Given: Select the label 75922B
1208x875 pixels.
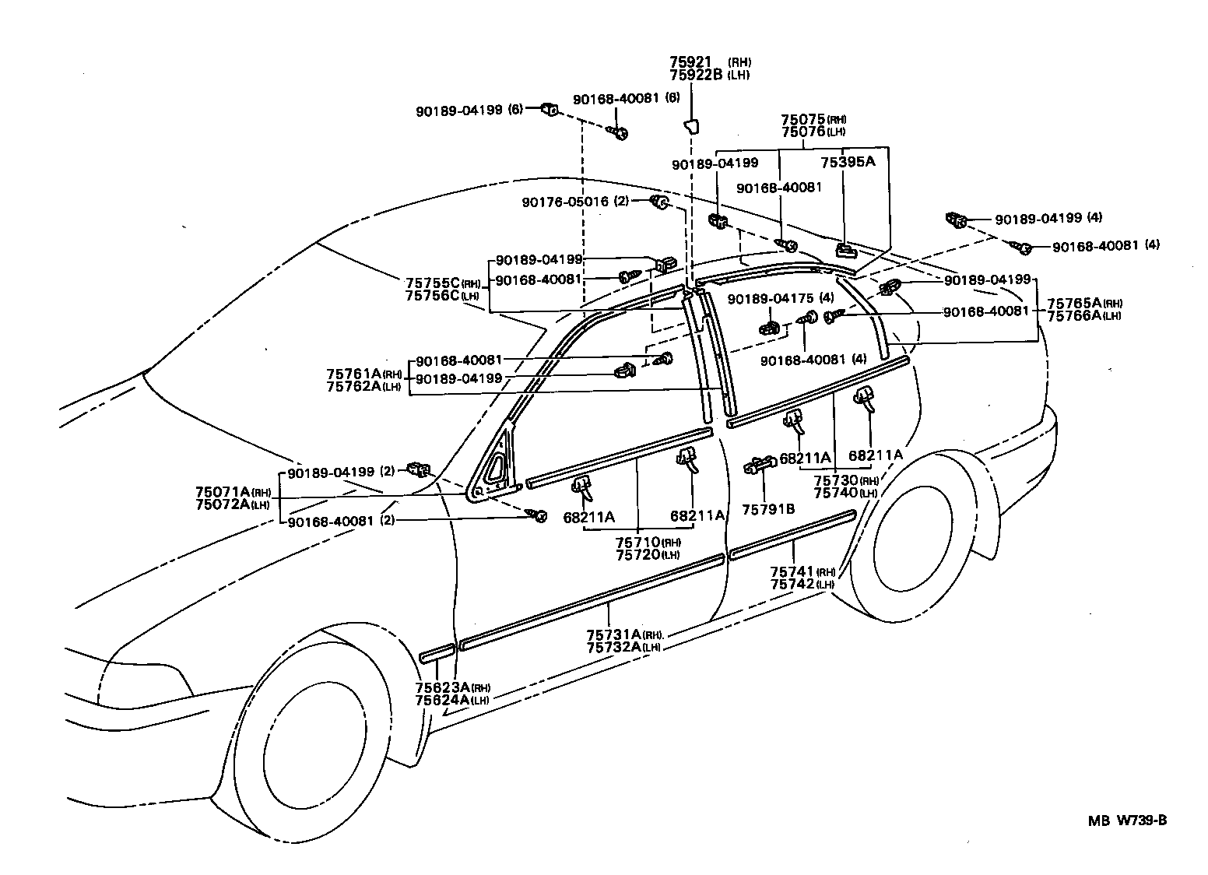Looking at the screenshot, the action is point(696,75).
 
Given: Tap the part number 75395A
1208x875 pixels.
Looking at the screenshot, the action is point(848,161).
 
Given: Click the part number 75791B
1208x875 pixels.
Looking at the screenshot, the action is point(768,509).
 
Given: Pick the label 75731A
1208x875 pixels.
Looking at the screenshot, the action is point(613,634).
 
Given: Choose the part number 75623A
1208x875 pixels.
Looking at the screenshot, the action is point(442,687).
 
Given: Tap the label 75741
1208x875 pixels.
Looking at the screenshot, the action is point(792,571).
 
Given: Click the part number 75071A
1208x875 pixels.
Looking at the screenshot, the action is point(223,492).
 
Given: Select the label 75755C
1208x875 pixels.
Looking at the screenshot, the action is point(433,283).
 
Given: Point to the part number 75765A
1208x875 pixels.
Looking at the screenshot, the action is point(1074,303).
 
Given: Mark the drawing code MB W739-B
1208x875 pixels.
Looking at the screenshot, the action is point(1128,821).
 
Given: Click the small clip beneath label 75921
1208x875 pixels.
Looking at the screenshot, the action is point(691,127).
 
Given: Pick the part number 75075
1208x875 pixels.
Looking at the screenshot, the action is point(803,119).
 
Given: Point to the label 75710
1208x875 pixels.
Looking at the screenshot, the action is point(637,542).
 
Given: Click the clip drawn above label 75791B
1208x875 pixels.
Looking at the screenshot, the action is point(760,465).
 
